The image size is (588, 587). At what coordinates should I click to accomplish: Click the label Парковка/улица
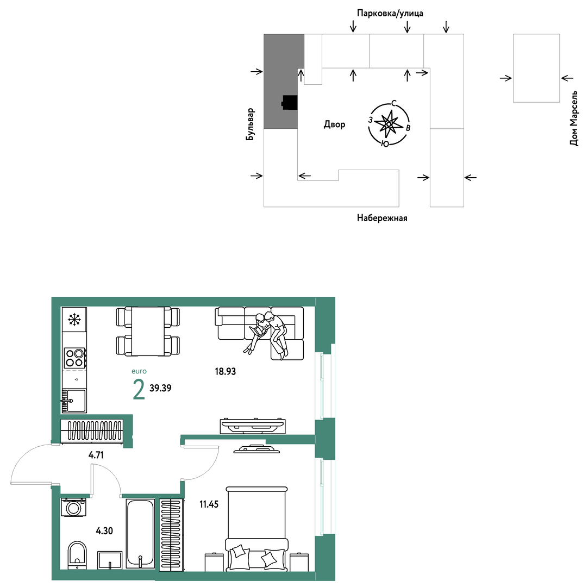[x=390, y=14]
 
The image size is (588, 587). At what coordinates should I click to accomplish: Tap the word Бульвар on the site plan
[x=250, y=124]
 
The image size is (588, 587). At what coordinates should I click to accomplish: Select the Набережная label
[x=381, y=218]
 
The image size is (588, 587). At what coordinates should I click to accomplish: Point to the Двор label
[x=335, y=124]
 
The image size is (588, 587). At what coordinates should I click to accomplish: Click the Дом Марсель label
[x=574, y=118]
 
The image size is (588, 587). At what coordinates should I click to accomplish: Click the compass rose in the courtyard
[x=389, y=123]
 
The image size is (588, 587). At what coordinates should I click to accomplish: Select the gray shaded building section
[x=284, y=82]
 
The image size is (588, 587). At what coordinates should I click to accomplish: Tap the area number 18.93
[x=226, y=371]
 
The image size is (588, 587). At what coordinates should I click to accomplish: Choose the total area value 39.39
[x=160, y=388]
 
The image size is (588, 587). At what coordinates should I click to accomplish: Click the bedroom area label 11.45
[x=209, y=504]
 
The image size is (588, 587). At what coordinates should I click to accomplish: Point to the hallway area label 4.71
[x=96, y=455]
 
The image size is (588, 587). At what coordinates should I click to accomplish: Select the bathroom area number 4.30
[x=104, y=530]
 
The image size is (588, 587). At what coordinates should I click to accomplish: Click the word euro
[x=139, y=371]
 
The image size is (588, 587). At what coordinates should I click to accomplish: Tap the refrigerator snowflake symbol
[x=74, y=319]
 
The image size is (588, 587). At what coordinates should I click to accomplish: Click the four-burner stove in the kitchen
[x=74, y=358]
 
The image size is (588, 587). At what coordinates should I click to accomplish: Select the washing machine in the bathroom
[x=73, y=508]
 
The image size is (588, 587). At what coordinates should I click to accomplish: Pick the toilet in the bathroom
[x=77, y=554]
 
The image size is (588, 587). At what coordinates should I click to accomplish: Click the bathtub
[x=140, y=533]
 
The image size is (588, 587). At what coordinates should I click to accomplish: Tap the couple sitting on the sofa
[x=267, y=332]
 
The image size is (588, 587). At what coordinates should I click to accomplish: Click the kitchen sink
[x=74, y=401]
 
